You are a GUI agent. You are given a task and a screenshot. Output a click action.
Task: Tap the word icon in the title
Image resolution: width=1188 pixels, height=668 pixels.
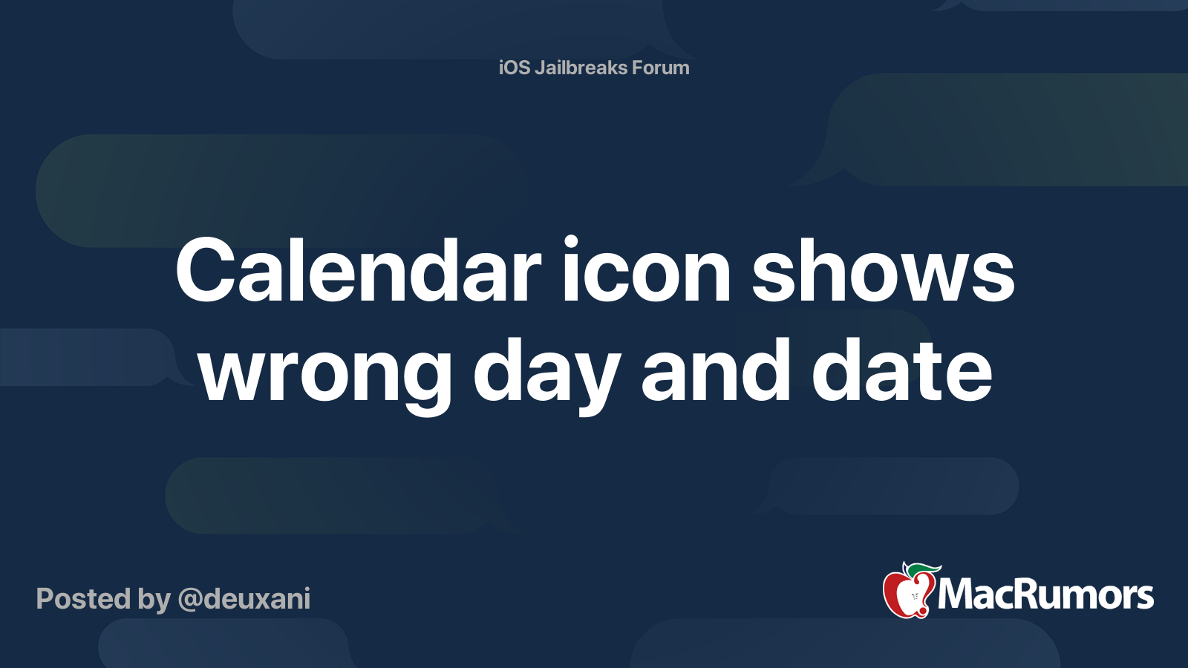coord(647,269)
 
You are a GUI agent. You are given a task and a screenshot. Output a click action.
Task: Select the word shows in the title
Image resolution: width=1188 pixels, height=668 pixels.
coord(883,269)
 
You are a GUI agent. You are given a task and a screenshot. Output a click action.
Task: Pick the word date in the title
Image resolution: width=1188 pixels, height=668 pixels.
coord(901,370)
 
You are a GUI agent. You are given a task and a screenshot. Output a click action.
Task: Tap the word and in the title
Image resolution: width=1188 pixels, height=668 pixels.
coord(716,370)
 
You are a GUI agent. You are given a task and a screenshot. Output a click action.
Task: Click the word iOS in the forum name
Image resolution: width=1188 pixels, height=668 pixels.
coord(514,68)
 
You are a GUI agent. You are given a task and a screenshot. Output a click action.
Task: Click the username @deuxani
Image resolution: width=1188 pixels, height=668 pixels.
coord(244,599)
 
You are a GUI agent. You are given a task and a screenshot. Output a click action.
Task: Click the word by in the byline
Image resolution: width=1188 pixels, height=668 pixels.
coord(154,601)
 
